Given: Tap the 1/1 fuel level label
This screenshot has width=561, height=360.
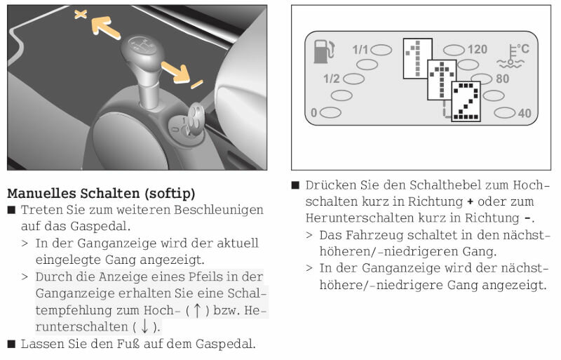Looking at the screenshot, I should point(360,50).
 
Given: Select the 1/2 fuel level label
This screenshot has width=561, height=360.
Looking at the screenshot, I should point(331,79).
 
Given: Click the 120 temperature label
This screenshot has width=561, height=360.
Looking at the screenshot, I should point(477,50).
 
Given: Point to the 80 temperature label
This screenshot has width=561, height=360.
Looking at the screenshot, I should point(502,79).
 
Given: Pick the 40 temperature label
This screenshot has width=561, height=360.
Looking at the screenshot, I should point(524,112).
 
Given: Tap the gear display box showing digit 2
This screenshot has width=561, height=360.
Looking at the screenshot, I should point(464,102).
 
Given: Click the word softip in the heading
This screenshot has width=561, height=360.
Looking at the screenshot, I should point(169,193).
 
